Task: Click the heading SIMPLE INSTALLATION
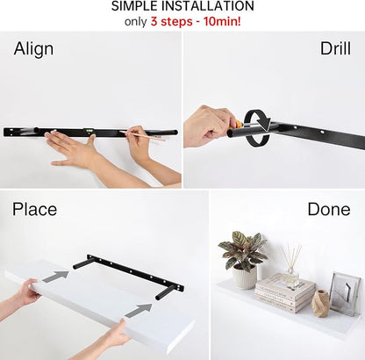coord(182,6)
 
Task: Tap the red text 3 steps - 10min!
coord(196,22)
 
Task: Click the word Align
coord(33,49)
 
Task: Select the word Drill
coord(335,48)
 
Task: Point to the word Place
coord(34,209)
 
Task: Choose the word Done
coord(329,209)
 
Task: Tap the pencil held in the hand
coord(142,136)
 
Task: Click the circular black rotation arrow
coord(257,127)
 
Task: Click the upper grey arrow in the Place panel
coord(56,276)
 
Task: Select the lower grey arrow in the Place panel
coord(139,310)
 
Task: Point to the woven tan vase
coord(320,304)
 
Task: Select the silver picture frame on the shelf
coord(345,294)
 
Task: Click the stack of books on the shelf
coord(285,293)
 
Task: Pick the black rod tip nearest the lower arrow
coord(159,297)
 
